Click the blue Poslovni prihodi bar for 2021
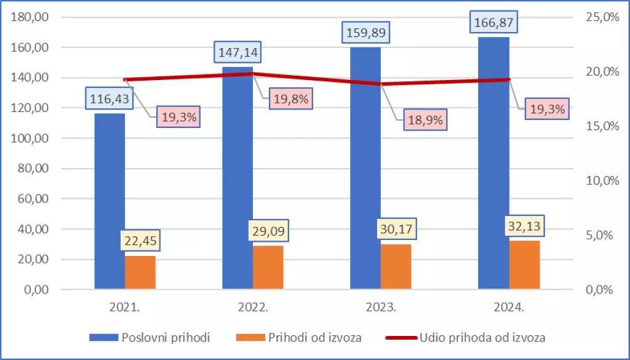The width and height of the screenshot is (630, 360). click(110, 203)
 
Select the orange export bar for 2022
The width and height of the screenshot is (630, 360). click(268, 267)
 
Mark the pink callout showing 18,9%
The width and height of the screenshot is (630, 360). click(425, 120)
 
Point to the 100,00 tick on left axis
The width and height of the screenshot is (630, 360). click(30, 138)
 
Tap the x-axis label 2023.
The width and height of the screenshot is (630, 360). click(381, 306)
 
